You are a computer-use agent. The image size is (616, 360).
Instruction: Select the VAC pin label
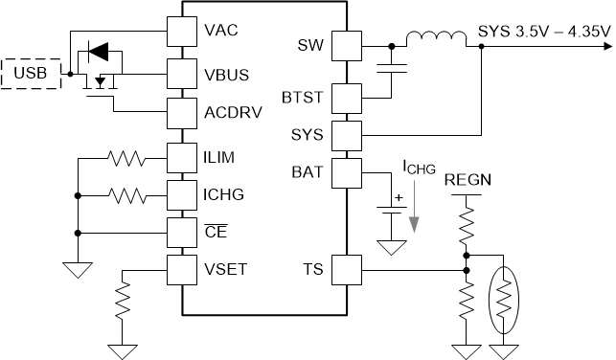tap(221, 29)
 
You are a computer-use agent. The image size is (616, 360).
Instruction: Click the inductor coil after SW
tap(433, 41)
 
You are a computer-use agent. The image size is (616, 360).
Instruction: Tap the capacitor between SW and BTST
tap(391, 69)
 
